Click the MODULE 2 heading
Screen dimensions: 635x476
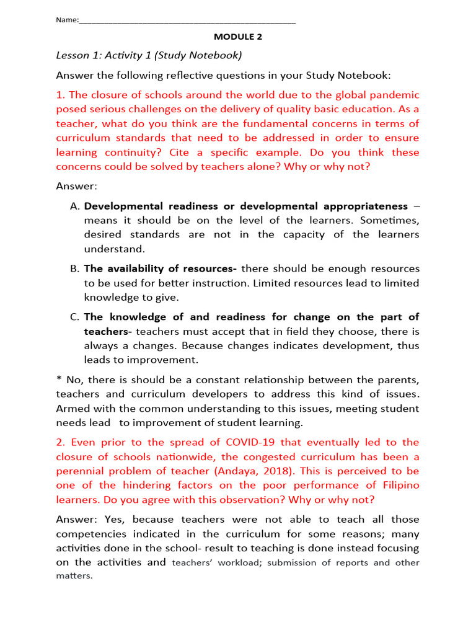pyautogui.click(x=238, y=37)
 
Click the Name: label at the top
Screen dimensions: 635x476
pyautogui.click(x=67, y=20)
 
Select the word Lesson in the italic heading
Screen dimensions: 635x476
pyautogui.click(x=73, y=56)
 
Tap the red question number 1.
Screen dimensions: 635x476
pyautogui.click(x=60, y=95)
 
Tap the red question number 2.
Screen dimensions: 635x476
pyautogui.click(x=60, y=442)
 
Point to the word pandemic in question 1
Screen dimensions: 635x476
pyautogui.click(x=394, y=95)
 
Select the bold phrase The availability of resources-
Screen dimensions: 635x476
pyautogui.click(x=161, y=269)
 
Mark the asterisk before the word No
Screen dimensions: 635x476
pyautogui.click(x=59, y=379)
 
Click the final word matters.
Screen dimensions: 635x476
pyautogui.click(x=74, y=576)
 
